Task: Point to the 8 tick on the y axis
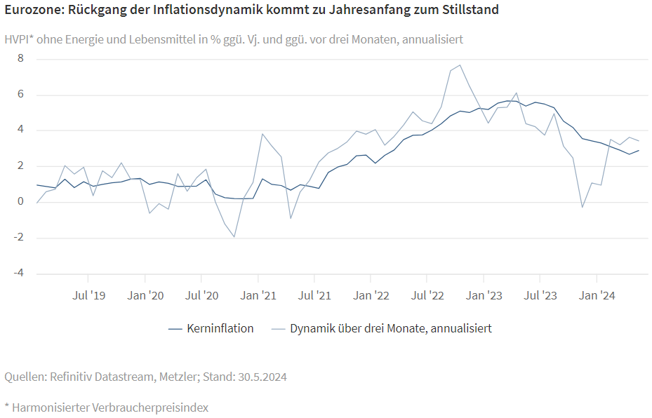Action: [x=20, y=59]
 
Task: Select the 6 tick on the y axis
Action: [x=20, y=95]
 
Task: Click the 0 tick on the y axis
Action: [x=20, y=202]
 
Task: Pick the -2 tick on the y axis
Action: [x=19, y=238]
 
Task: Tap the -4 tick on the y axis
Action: [x=19, y=274]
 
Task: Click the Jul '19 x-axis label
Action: [x=89, y=296]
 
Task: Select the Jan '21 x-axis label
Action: [x=259, y=296]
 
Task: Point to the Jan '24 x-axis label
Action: [x=597, y=296]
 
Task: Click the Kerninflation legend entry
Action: [x=220, y=328]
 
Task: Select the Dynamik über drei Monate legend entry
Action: [x=390, y=328]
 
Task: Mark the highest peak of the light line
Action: [x=460, y=65]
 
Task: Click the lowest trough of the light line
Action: [x=234, y=237]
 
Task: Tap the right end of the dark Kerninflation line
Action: [x=639, y=150]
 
